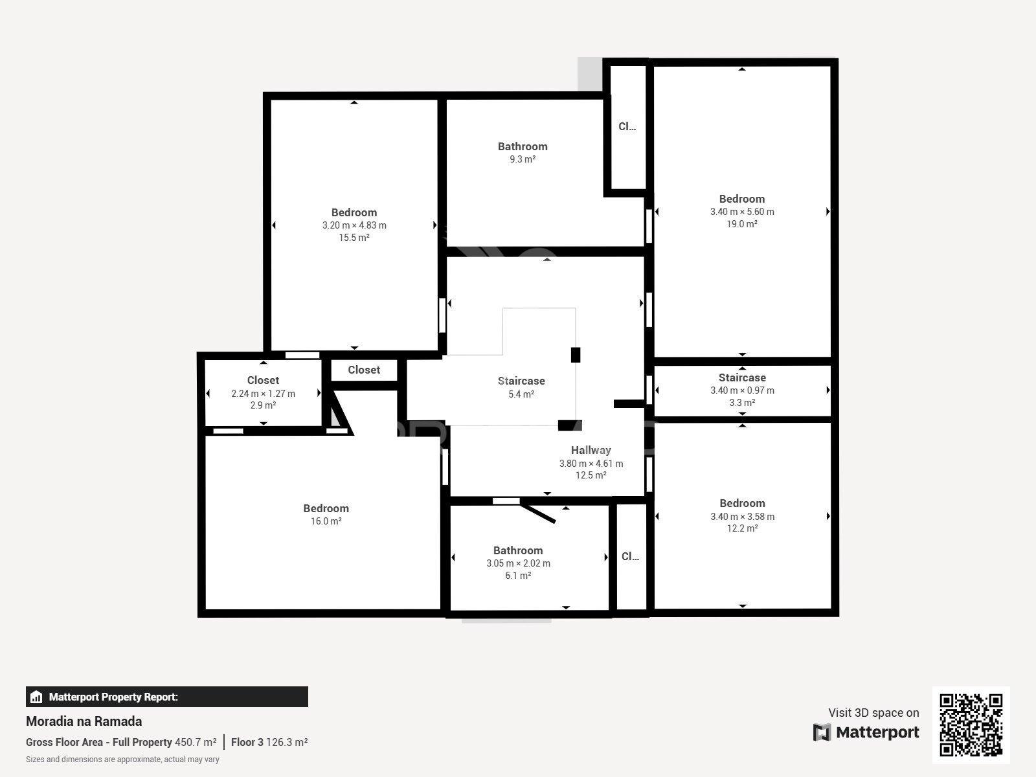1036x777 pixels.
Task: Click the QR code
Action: pos(971,725)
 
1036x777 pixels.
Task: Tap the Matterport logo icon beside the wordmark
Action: pos(822,732)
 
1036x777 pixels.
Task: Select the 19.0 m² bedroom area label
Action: pos(742,224)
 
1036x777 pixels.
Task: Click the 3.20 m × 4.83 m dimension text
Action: pos(354,225)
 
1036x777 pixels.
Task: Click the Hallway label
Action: pos(591,450)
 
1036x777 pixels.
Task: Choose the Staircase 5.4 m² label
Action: pos(521,387)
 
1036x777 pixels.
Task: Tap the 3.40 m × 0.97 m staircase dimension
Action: pos(743,390)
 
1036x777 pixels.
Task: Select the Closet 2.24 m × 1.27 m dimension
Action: pos(264,394)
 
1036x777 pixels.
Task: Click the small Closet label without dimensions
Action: pos(364,370)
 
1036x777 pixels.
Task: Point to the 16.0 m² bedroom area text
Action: pos(326,521)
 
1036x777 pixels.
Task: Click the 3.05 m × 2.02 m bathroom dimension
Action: pos(518,563)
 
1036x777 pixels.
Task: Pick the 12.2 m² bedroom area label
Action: pos(743,528)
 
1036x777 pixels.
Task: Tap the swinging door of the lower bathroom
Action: pos(537,513)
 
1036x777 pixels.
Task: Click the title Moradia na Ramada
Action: pos(84,721)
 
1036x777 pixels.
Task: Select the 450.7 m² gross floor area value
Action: pos(196,742)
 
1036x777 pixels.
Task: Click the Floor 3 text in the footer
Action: pos(247,742)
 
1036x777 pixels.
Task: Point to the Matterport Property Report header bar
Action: pos(167,697)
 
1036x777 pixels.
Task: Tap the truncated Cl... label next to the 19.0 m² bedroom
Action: pos(627,126)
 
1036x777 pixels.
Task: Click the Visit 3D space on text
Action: pos(873,713)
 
